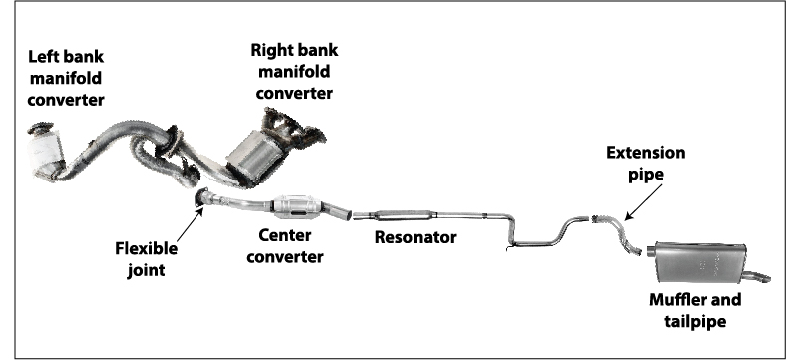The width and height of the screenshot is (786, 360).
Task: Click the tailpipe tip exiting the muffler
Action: point(762,275)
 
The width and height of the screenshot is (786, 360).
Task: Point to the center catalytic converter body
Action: point(301,207)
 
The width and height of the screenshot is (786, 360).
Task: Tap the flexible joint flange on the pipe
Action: point(202,198)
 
